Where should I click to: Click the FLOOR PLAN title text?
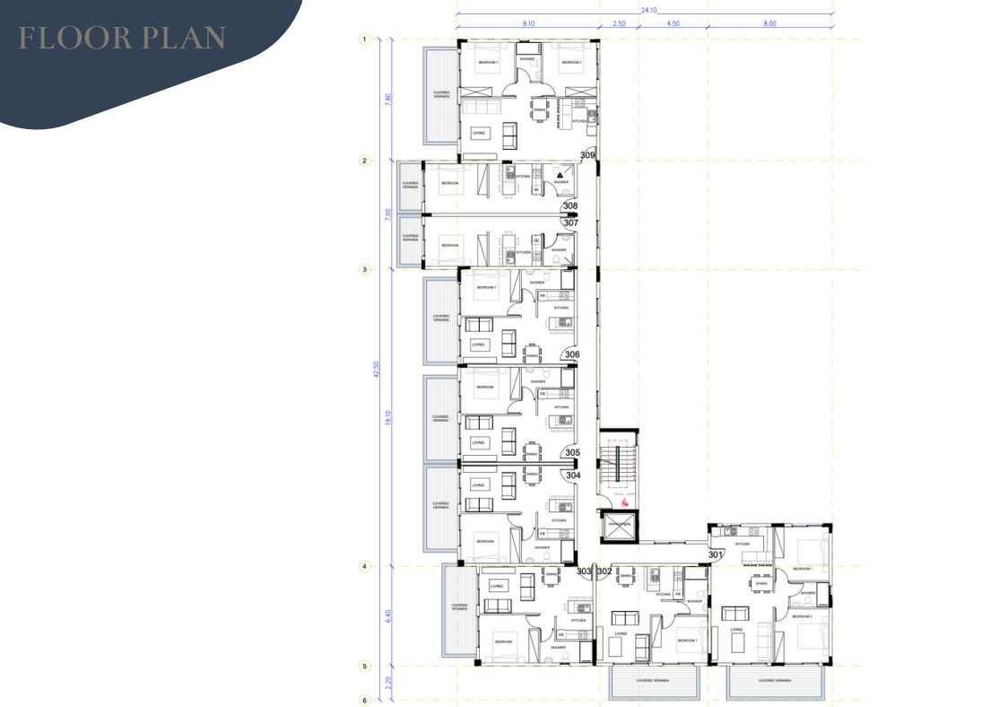coord(122,39)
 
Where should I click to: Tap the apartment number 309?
coord(587,155)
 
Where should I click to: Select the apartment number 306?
coord(572,354)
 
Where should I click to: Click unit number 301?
coord(714,555)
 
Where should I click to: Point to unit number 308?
coord(570,205)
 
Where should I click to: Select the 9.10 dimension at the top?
coord(529,23)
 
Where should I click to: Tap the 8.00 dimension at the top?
coord(769,23)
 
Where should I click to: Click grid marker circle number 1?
coord(364,39)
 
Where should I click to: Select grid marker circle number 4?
coord(364,566)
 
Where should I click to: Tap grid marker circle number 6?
coord(364,701)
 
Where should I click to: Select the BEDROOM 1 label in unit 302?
coord(687,641)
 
